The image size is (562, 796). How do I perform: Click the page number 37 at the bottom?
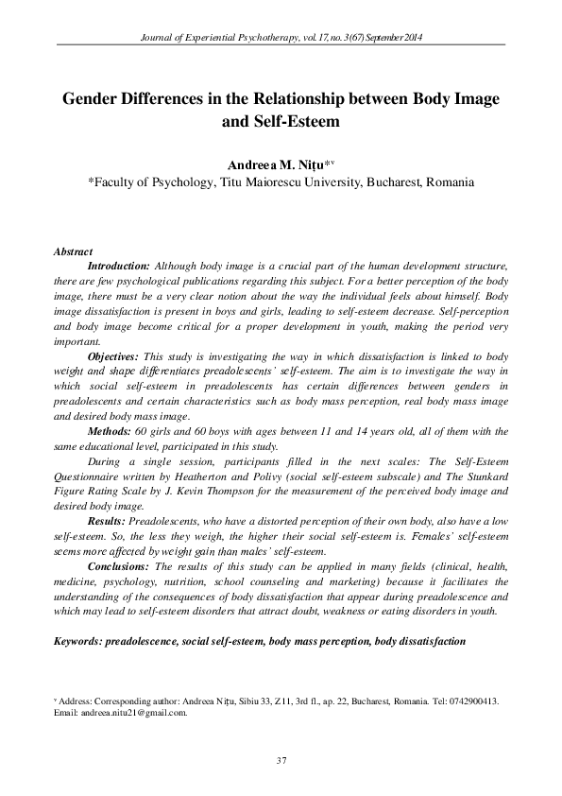coord(281,761)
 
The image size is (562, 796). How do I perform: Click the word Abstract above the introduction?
coord(74,252)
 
